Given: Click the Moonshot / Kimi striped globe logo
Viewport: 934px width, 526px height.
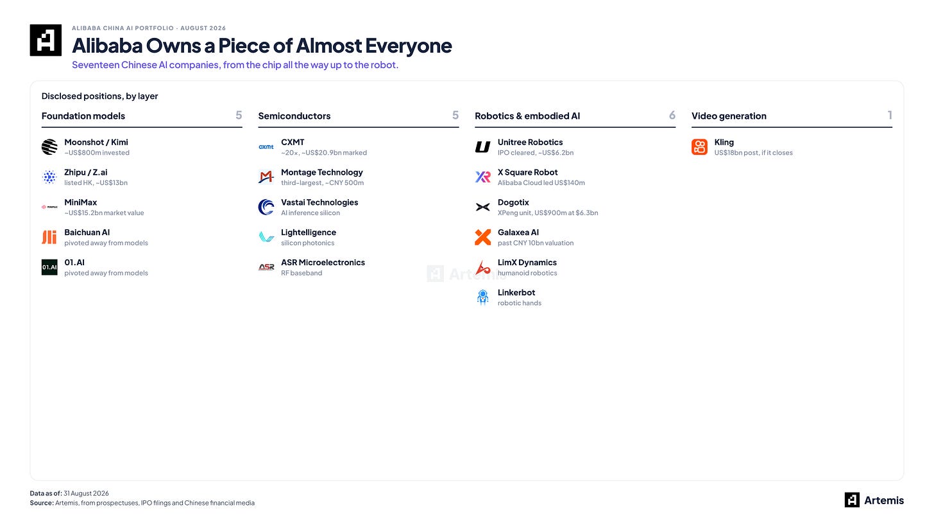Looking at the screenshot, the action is (x=49, y=147).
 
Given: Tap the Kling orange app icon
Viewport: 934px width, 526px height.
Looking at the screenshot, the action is (x=699, y=147).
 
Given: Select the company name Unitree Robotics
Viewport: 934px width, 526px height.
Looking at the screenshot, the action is (x=530, y=143).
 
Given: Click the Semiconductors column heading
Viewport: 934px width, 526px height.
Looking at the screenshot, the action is (x=294, y=116).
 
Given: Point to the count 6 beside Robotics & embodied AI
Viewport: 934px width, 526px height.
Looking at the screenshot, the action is (x=672, y=115).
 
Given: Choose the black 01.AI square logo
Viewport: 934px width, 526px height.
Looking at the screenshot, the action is (x=49, y=267).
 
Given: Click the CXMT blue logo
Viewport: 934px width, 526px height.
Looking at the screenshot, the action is (x=266, y=147).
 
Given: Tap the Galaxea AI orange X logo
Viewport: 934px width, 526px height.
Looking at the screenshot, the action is (x=483, y=237).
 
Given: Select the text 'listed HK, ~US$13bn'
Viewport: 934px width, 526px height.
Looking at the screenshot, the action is (x=96, y=183).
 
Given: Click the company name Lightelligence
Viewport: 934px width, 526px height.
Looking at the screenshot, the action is (x=309, y=232).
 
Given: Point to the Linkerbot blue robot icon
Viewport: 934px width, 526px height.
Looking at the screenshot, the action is (x=483, y=297).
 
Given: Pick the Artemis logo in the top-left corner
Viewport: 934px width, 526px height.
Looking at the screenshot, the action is (x=46, y=40).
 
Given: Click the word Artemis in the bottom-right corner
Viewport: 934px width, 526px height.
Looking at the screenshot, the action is (x=884, y=500).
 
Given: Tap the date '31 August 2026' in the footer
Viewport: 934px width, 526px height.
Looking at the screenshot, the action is (x=86, y=493).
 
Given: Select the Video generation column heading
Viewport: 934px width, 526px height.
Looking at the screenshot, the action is (x=729, y=116).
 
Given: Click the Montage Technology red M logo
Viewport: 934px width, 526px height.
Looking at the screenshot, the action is (x=266, y=177).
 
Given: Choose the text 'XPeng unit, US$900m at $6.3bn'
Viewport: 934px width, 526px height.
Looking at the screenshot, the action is (x=547, y=213).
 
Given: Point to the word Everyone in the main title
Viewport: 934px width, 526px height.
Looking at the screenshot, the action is (x=409, y=46).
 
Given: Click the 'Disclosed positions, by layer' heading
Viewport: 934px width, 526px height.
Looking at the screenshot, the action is (x=99, y=96).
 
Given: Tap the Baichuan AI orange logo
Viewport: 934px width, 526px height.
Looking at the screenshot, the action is (x=49, y=237).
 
